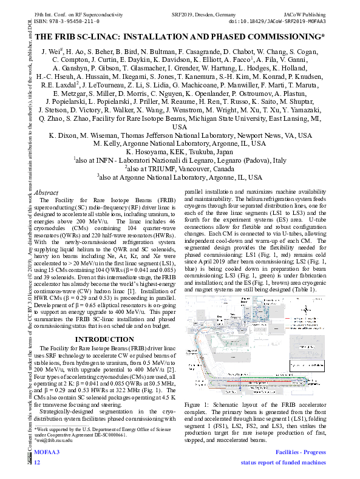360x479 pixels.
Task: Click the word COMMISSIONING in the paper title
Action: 283,38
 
